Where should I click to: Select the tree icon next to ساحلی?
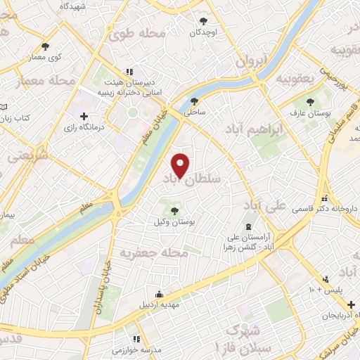click(x=194, y=100)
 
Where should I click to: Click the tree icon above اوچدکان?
click(x=204, y=21)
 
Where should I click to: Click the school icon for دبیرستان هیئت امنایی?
click(x=128, y=72)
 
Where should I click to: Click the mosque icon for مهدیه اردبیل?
click(x=160, y=294)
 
